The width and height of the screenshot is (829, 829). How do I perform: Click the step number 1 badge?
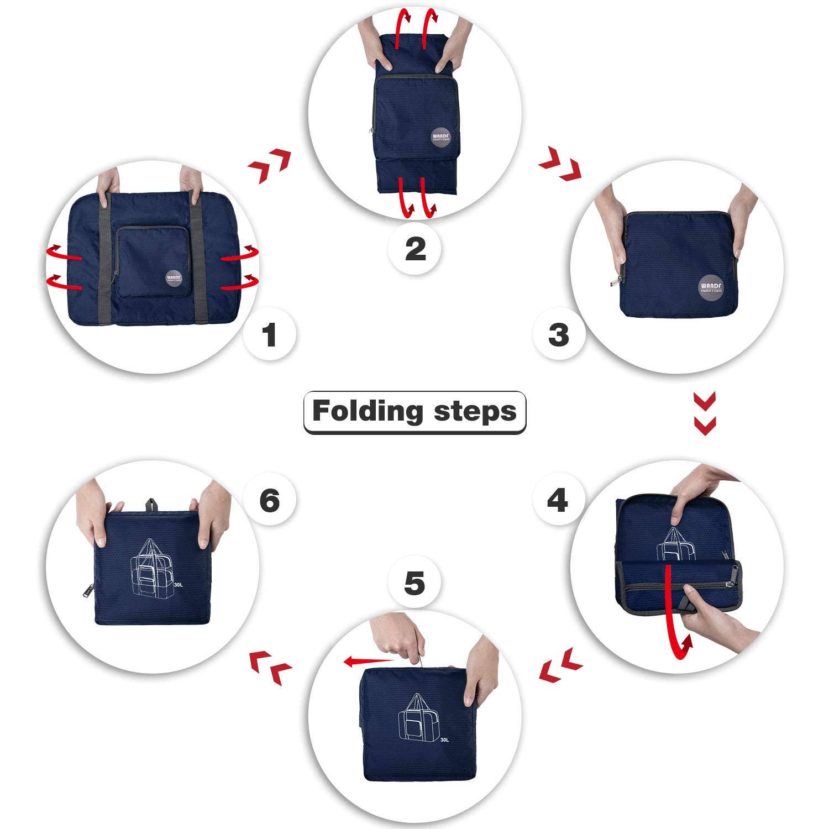270,334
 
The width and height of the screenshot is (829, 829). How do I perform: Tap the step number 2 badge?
415,249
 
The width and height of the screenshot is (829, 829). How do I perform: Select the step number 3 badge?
559,334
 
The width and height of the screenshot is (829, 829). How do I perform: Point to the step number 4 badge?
558,500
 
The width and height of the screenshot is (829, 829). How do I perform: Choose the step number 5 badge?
414,584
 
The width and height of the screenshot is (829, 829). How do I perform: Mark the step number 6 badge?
270,500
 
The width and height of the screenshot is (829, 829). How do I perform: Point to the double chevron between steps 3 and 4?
705,413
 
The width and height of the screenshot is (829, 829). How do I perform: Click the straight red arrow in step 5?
368,660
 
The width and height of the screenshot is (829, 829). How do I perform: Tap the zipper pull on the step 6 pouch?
87,591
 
